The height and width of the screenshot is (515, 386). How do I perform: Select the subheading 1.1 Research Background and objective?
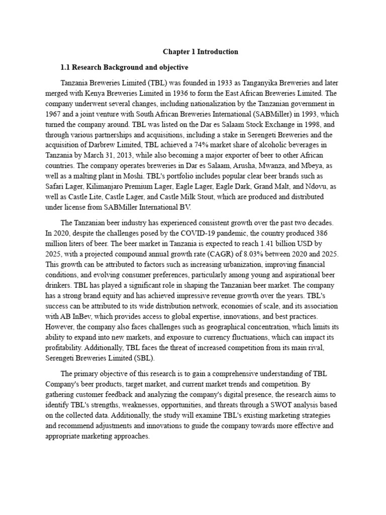[x=124, y=67]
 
